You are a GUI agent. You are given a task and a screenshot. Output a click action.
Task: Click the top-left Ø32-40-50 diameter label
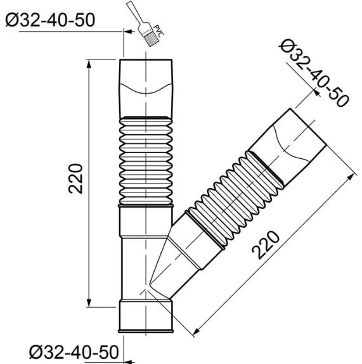tap(50, 20)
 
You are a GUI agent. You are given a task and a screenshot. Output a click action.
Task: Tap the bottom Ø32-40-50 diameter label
tap(74, 352)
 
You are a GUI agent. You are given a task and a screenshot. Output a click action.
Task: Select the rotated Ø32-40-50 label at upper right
tap(314, 73)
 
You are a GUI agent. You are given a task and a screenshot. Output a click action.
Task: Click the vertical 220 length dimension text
tap(75, 179)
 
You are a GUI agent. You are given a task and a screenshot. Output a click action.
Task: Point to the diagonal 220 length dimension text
tap(266, 245)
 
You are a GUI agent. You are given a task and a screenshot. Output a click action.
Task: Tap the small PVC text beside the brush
tap(159, 30)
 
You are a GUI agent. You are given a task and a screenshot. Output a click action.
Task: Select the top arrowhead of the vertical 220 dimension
tap(89, 64)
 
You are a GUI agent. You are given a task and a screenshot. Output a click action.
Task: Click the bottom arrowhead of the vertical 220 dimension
tap(89, 303)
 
